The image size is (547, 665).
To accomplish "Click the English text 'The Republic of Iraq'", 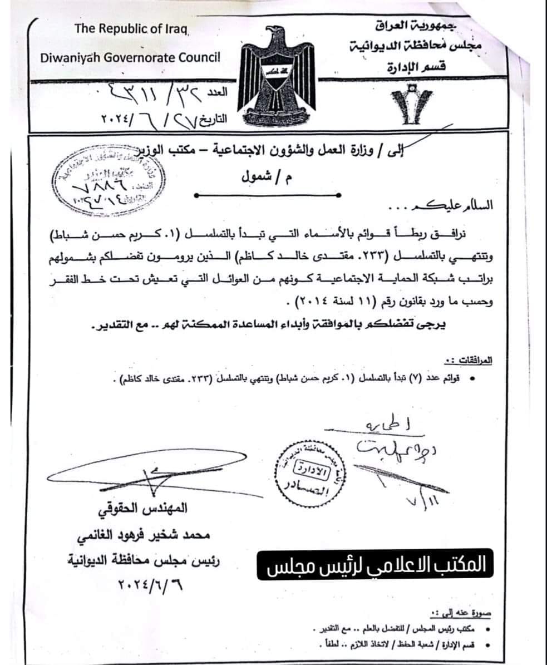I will click(132, 29).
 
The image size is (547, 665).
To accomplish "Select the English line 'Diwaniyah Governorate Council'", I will click(130, 56).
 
